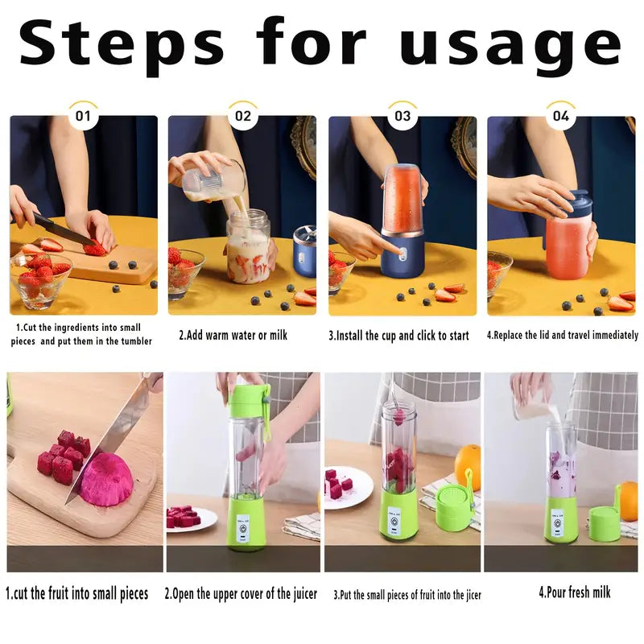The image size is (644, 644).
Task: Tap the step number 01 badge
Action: [83, 116]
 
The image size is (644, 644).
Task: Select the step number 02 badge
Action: [243, 116]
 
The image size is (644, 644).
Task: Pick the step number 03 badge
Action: [402, 116]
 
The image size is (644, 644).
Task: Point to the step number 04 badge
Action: [561, 116]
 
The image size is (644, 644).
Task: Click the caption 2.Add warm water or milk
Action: [233, 335]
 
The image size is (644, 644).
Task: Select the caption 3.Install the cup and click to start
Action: [398, 336]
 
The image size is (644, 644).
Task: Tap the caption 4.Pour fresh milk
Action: [575, 592]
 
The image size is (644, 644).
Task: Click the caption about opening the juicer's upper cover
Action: [241, 594]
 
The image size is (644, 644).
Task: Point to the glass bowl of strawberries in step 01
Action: [40, 279]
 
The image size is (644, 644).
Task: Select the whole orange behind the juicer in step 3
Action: [469, 467]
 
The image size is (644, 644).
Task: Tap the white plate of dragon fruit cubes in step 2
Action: [192, 519]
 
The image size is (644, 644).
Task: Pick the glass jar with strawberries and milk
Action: [249, 246]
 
